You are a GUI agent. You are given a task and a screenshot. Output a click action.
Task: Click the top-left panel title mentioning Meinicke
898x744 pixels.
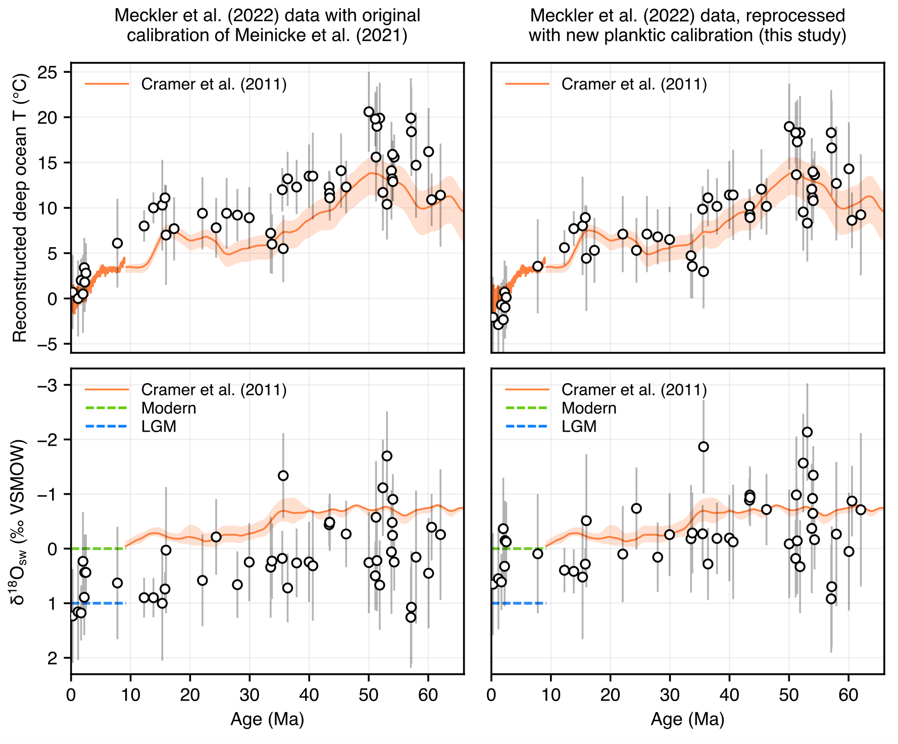267,25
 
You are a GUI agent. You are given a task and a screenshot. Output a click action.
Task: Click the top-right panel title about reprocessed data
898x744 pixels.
687,25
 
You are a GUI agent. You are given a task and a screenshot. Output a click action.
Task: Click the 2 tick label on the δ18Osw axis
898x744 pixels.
60,658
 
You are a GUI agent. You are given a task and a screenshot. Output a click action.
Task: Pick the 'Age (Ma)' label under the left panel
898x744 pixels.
267,719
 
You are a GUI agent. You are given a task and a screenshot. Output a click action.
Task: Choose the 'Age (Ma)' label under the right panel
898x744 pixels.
687,719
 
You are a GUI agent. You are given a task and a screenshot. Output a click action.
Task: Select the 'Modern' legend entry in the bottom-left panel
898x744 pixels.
168,408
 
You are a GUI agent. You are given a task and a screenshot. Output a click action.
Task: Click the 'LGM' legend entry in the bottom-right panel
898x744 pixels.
579,427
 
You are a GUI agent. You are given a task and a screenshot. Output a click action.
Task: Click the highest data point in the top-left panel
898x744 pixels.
369,112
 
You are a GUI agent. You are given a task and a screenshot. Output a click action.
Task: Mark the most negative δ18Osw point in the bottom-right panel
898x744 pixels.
807,432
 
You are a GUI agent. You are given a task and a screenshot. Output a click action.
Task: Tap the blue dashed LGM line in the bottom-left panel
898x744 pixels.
98,603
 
